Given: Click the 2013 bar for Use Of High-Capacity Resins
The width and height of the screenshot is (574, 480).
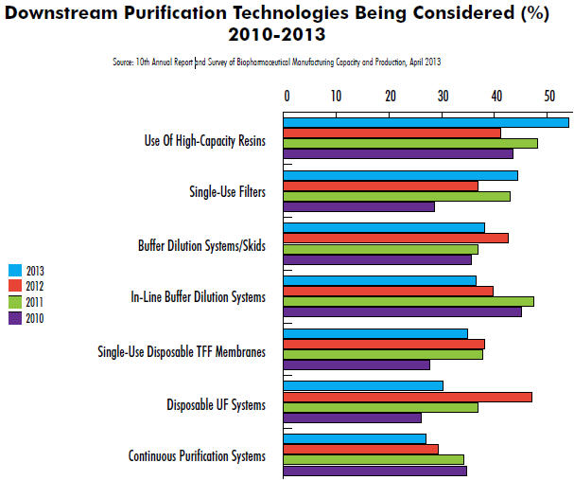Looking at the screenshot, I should pos(426,122).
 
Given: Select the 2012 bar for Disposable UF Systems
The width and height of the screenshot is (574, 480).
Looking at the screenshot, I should pos(408,396).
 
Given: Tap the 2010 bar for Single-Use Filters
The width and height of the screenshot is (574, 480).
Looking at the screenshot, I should pos(359,206).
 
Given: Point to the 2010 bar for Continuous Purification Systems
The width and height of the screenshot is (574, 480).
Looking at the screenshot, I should pos(375,471).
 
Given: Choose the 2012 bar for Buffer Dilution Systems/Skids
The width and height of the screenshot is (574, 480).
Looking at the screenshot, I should pos(396,238).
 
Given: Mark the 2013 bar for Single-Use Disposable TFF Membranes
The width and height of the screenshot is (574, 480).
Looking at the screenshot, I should pos(375,333).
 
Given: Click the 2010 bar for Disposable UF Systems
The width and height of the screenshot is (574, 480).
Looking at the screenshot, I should pos(353,418).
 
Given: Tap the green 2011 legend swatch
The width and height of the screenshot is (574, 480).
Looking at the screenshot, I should pos(14,302).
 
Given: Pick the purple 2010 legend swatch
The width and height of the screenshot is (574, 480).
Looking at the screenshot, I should pos(14,318).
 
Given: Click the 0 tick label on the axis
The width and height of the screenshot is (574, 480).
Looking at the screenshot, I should pos(286,95).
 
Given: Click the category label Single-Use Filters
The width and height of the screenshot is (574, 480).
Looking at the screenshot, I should pos(228,192).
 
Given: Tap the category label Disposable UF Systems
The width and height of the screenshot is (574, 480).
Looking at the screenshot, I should pos(216,405).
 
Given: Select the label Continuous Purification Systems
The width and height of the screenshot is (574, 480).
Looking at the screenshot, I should pos(197,456).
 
